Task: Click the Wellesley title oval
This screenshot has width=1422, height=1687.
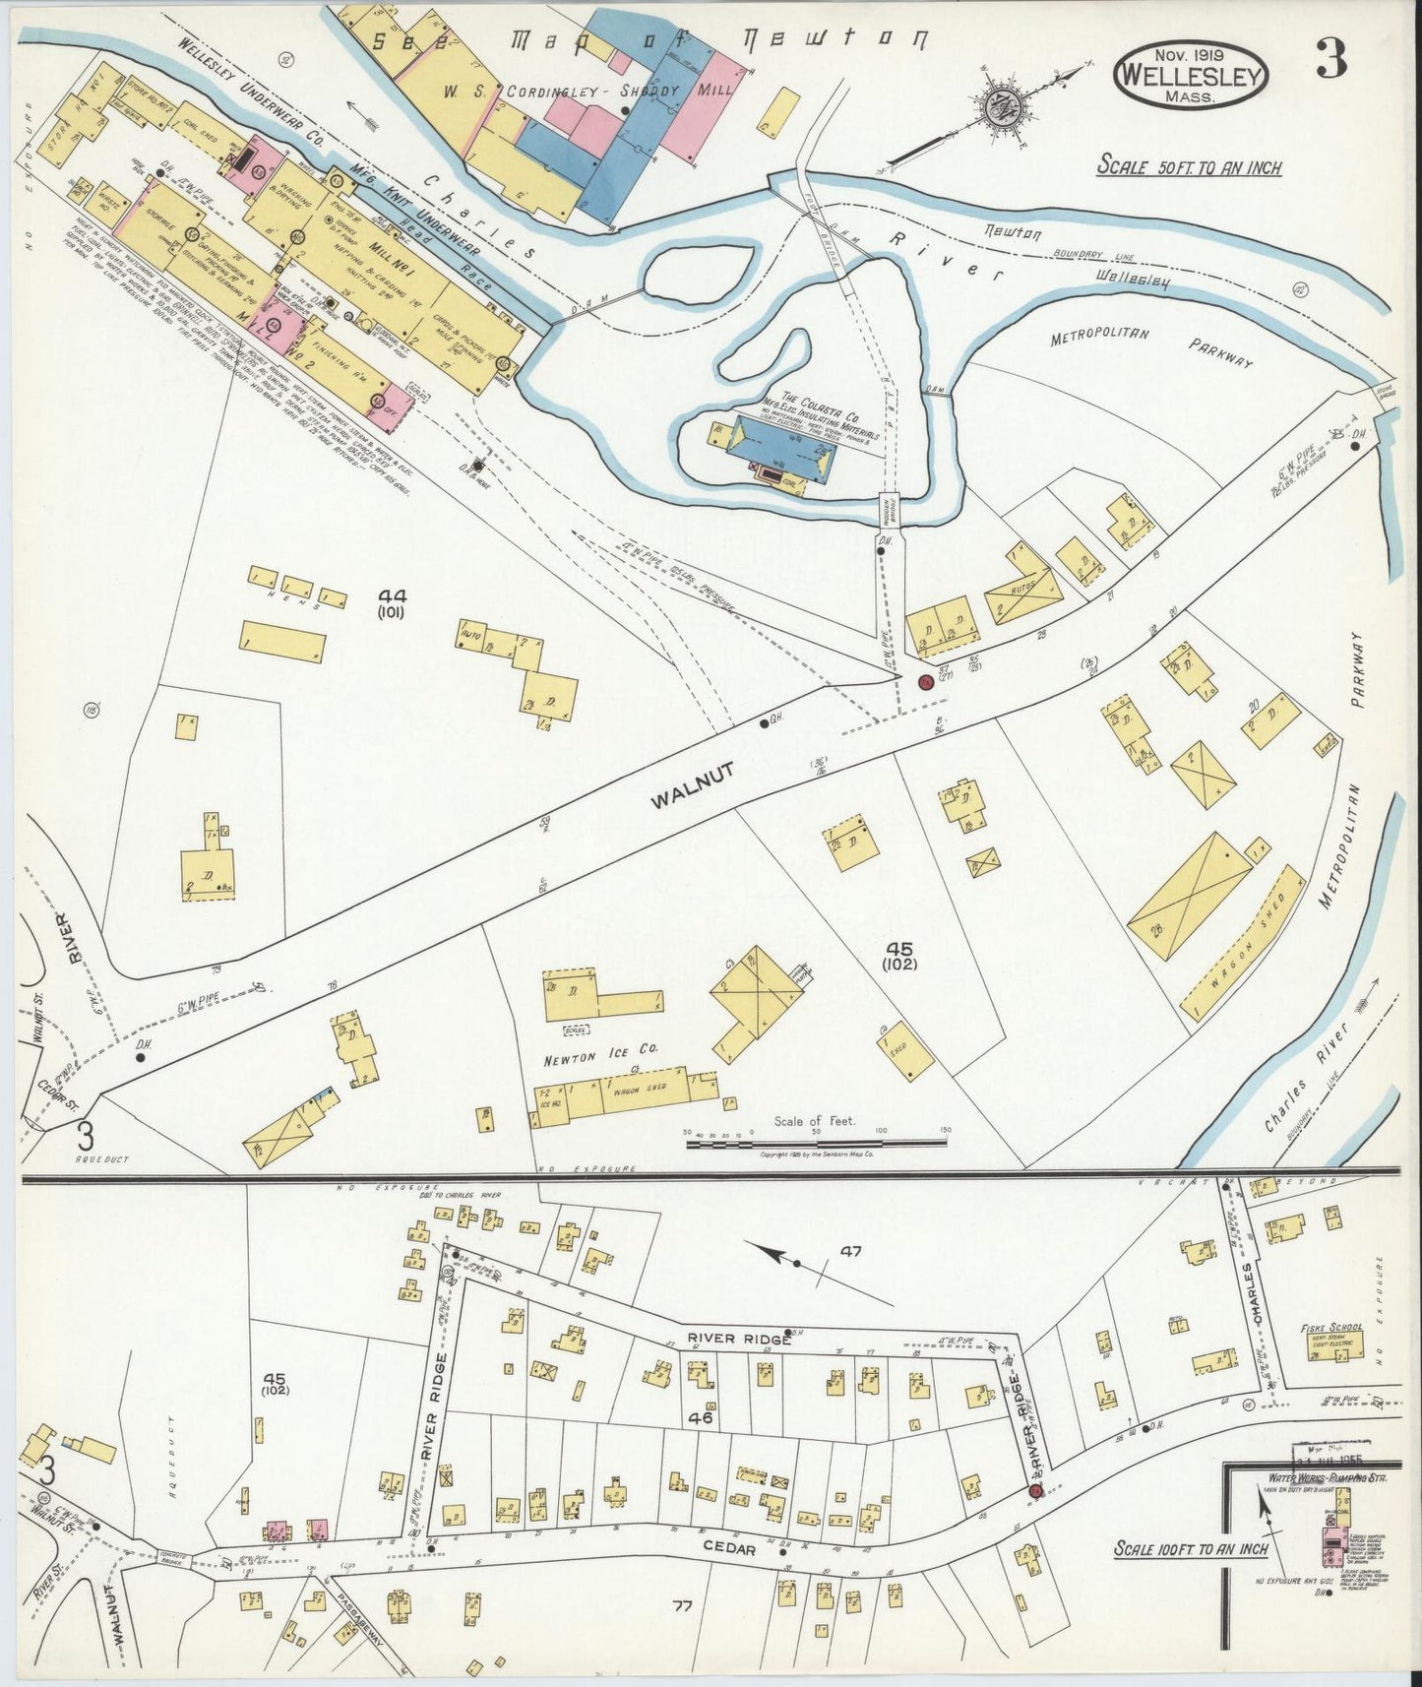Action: click(1192, 75)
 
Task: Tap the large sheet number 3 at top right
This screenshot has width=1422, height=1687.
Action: click(1332, 62)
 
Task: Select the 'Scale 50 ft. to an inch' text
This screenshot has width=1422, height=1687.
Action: click(1190, 167)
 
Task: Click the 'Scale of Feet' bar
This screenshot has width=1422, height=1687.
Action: click(816, 1142)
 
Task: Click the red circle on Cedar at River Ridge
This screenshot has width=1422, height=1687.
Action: click(1035, 1491)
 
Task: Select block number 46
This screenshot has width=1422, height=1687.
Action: click(701, 1418)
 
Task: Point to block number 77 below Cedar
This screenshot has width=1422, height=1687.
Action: click(682, 1607)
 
